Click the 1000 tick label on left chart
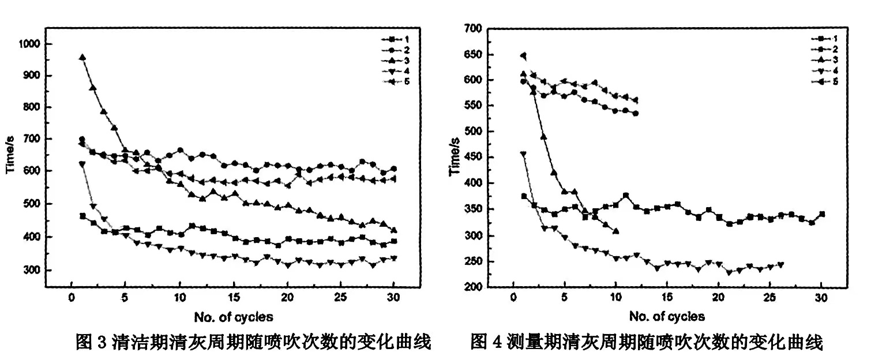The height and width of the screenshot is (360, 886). point(29,44)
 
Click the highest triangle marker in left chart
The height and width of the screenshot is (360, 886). point(82,58)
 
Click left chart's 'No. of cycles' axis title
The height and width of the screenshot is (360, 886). point(233,317)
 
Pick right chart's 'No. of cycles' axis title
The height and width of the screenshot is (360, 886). point(666,317)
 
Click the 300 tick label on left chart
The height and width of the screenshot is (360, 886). point(32,270)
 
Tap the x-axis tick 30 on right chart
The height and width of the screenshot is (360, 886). point(821,301)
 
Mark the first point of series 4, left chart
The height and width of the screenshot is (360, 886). point(82,164)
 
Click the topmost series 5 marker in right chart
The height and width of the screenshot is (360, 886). point(523,56)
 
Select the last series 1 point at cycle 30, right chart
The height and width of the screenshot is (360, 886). point(821,214)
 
